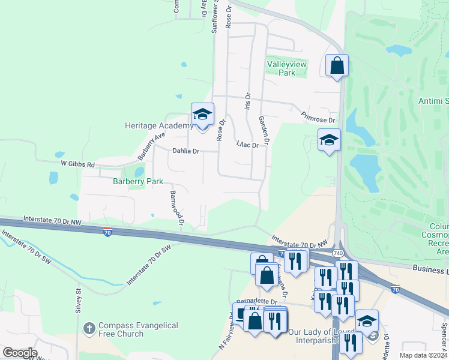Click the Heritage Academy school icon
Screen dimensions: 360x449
click(203, 114)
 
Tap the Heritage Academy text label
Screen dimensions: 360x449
click(158, 126)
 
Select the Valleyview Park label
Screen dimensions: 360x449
click(287, 67)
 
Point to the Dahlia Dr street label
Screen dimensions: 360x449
click(186, 151)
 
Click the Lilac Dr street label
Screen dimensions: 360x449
click(247, 145)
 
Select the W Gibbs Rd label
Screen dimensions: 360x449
click(78, 164)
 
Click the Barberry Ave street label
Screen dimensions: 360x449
click(151, 146)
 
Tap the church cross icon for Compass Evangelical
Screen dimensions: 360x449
click(89, 329)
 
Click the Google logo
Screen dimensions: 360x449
click(20, 353)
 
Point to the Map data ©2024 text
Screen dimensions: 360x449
click(423, 355)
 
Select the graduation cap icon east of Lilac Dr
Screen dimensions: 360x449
click(329, 140)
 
